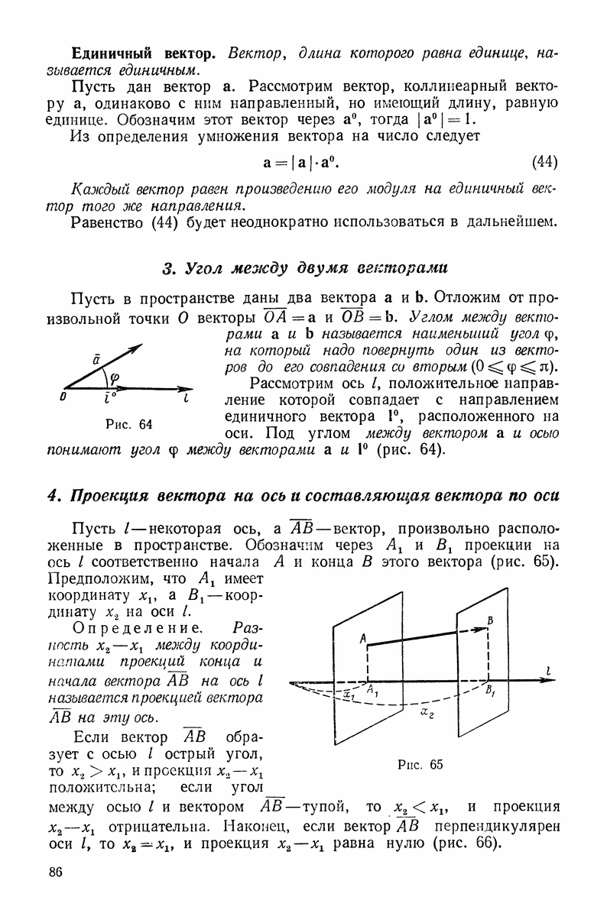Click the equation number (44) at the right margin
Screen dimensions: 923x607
pos(544,162)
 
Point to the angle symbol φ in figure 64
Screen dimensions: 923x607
pos(115,377)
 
